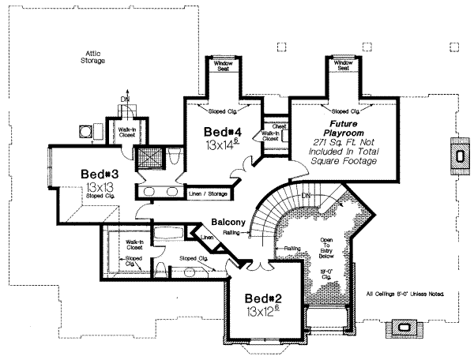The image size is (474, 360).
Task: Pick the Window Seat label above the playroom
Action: pos(343,66)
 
